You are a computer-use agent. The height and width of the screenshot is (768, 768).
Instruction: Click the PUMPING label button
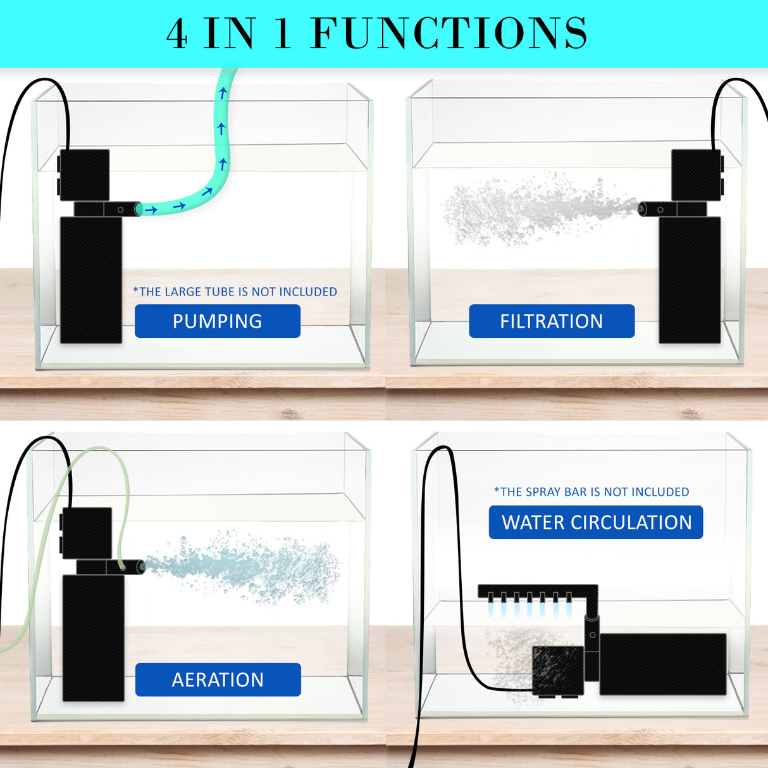[217, 321]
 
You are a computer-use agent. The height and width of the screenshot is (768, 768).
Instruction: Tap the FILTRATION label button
[551, 321]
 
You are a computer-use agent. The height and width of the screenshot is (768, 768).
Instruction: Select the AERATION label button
[218, 679]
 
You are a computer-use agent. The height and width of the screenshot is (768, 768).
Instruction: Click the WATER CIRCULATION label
[596, 522]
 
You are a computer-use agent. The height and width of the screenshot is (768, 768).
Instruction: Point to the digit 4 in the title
[177, 34]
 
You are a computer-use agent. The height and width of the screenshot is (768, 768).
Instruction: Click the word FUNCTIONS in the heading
[449, 34]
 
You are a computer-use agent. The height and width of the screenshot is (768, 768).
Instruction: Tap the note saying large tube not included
[235, 292]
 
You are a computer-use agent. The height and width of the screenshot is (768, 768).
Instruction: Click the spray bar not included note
[591, 492]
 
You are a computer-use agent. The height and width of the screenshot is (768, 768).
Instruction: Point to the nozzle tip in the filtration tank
[643, 208]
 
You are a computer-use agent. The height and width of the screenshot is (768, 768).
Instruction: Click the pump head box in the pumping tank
[84, 175]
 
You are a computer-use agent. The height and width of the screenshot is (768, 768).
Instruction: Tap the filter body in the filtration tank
[690, 280]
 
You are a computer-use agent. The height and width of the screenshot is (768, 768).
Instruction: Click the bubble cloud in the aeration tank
[247, 566]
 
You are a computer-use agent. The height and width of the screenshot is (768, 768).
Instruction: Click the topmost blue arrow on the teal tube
[223, 94]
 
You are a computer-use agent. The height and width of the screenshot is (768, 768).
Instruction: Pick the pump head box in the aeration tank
[87, 533]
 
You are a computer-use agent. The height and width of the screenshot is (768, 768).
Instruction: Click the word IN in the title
[230, 34]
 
